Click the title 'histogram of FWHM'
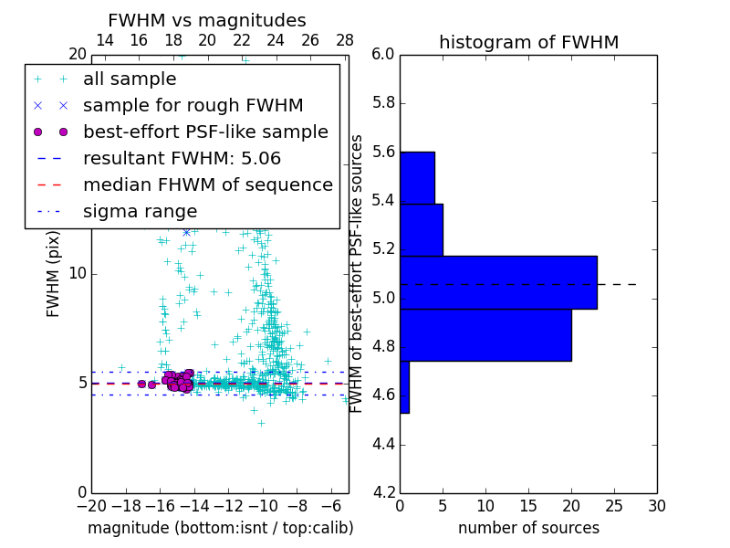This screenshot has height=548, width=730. tap(528, 43)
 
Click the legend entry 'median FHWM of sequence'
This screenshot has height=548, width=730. tap(207, 185)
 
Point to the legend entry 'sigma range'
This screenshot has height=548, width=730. tap(140, 212)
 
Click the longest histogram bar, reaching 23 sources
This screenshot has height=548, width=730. tap(498, 282)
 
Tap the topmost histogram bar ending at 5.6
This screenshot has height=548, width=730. tap(417, 177)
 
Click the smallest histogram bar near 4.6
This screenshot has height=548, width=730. tap(404, 386)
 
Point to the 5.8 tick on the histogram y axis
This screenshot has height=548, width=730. tap(383, 103)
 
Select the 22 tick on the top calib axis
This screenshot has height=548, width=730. tap(242, 41)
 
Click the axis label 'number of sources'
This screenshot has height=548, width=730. tap(528, 528)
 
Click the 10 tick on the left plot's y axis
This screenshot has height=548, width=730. tap(77, 273)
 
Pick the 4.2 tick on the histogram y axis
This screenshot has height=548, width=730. tap(383, 492)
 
